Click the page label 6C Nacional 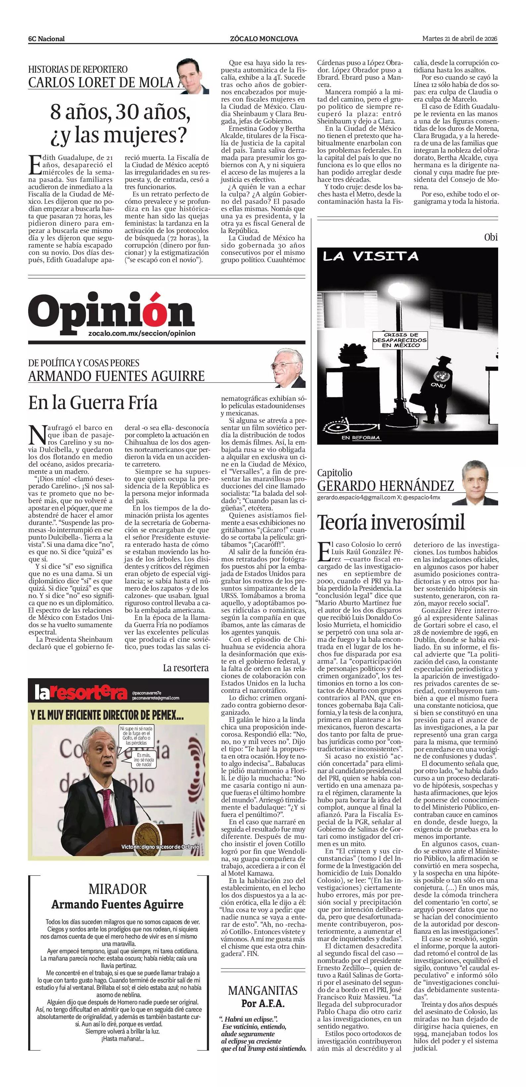coord(46,39)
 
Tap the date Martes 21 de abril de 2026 coord(459,39)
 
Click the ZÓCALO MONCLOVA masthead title coord(264,39)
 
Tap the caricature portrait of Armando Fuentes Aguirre coord(288,368)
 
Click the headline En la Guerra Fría coord(93,402)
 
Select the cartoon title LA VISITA coord(371,256)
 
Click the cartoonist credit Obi coord(491,237)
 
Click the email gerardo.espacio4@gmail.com coord(356,497)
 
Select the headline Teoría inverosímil coord(391,522)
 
